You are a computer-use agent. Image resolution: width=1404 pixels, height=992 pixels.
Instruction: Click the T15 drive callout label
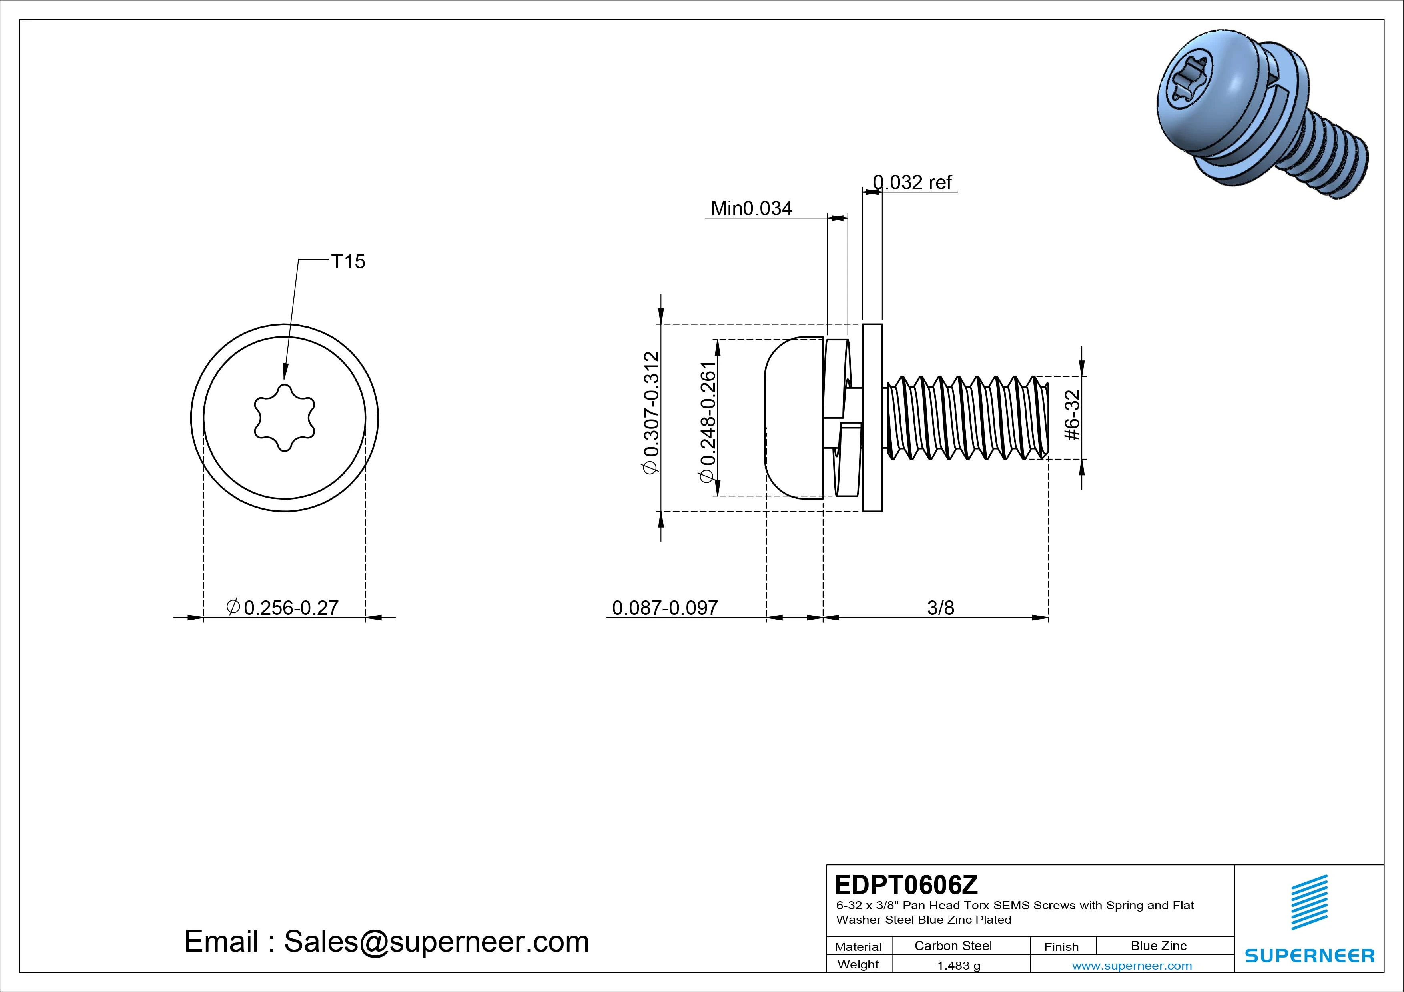point(347,262)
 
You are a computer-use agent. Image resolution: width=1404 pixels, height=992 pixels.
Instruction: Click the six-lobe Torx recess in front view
point(284,418)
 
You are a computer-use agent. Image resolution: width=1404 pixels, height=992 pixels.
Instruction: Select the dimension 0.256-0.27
point(291,608)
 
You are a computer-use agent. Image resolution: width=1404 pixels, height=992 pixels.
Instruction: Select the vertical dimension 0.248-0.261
point(708,422)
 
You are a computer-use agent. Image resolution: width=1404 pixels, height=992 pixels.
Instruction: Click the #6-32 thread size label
point(1073,416)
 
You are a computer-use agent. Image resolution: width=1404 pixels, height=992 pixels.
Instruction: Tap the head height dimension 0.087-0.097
point(665,608)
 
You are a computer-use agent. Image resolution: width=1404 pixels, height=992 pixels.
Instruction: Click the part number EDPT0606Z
point(906,884)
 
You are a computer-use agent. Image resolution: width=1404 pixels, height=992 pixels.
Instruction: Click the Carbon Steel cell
point(953,946)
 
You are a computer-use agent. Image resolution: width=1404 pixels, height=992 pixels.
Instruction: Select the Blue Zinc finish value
point(1159,946)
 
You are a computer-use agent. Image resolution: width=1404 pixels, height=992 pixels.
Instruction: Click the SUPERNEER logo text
point(1309,955)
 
